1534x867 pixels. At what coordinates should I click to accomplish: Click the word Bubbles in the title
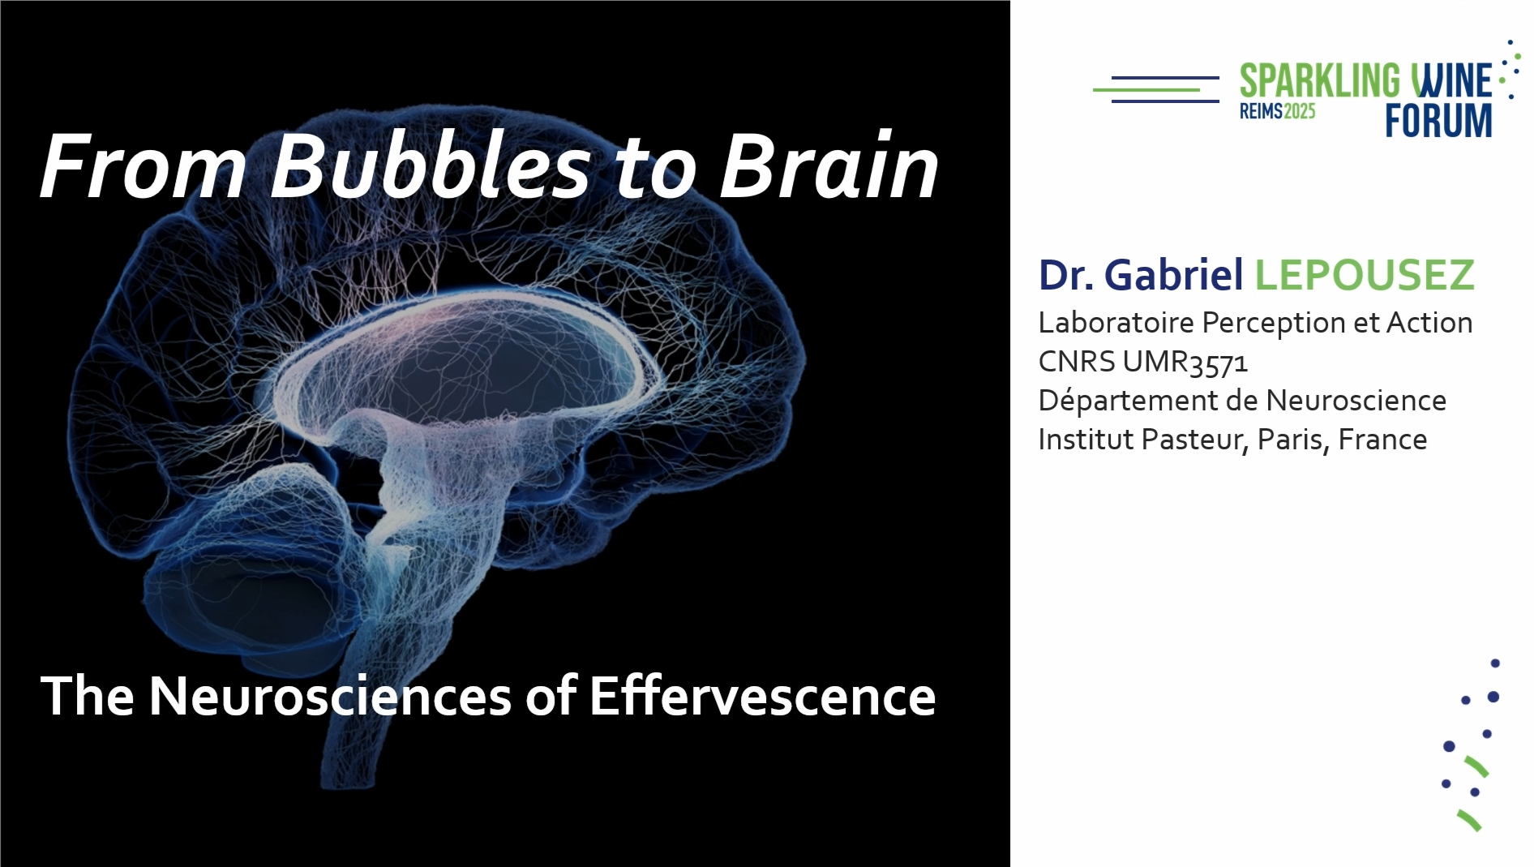coord(430,165)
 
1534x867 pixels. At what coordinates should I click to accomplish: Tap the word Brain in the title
coord(829,165)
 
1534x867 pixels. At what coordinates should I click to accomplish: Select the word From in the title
coord(143,165)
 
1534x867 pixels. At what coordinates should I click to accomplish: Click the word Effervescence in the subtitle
coord(762,696)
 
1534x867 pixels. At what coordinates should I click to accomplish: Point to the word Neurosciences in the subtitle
coord(330,696)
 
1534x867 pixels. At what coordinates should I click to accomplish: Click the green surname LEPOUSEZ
coord(1365,275)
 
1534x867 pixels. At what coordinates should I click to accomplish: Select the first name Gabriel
coord(1173,275)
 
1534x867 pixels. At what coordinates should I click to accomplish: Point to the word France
coord(1382,440)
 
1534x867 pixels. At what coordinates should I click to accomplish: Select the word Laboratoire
coord(1116,323)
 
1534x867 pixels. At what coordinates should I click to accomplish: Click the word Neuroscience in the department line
coord(1356,401)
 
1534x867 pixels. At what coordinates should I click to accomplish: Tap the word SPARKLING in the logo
coord(1319,81)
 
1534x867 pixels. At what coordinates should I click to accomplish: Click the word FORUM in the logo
coord(1438,120)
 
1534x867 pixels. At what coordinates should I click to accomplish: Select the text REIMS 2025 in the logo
coord(1277,111)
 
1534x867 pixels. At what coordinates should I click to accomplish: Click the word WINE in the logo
coord(1451,81)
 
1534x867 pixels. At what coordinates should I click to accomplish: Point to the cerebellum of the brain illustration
coord(243,552)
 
